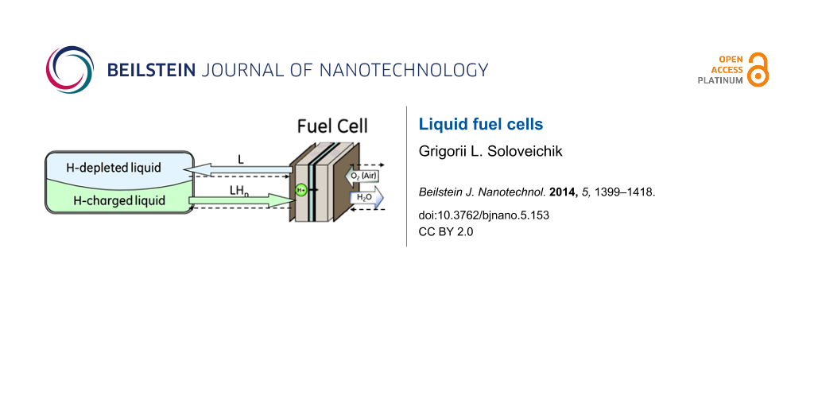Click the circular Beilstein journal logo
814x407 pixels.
[x=70, y=70]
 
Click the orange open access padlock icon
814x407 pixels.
[x=758, y=70]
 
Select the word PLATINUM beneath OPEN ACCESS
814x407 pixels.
[x=721, y=81]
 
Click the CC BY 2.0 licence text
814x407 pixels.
[x=446, y=231]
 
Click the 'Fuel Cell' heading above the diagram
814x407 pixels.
[x=332, y=126]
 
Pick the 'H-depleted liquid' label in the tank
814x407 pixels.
[x=118, y=168]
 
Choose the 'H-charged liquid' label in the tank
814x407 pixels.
[x=119, y=200]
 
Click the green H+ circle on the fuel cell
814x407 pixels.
[x=301, y=190]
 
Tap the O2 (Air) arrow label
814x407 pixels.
[x=361, y=176]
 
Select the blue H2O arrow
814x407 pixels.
[x=366, y=198]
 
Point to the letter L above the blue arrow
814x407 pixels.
[x=241, y=159]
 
